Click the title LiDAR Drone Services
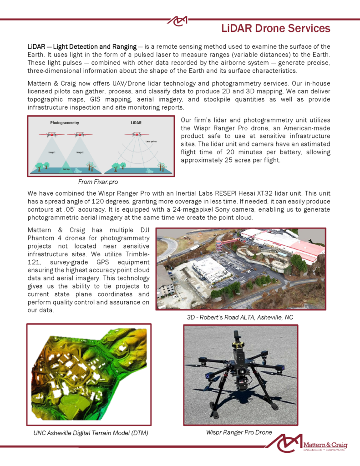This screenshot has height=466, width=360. (x=276, y=29)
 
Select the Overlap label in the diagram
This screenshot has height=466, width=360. (x=66, y=167)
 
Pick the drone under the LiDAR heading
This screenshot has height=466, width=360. (x=134, y=135)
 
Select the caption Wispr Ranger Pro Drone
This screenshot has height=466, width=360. (x=239, y=432)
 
